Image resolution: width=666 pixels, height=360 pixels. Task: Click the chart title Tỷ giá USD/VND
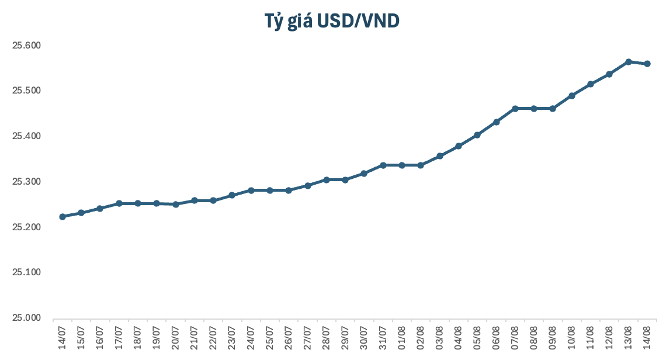(x=332, y=21)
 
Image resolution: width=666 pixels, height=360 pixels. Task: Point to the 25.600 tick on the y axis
(x=26, y=45)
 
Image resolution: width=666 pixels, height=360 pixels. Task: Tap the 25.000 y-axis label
(x=26, y=317)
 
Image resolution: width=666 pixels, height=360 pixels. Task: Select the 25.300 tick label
(x=26, y=182)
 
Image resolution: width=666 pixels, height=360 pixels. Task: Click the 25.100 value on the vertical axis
(x=26, y=272)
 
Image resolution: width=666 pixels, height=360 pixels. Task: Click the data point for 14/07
(x=63, y=217)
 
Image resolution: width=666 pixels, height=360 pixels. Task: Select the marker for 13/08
(x=629, y=61)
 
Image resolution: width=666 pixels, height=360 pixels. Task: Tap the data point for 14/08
(x=647, y=64)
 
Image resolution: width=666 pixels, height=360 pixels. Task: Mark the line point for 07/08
(x=515, y=108)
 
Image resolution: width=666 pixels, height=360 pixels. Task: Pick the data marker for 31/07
(x=383, y=165)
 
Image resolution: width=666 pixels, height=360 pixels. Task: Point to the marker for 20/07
(x=176, y=204)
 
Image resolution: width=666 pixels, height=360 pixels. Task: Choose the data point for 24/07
(x=251, y=190)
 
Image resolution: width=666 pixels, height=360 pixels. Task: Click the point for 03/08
(x=440, y=156)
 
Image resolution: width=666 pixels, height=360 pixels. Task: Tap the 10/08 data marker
(x=572, y=96)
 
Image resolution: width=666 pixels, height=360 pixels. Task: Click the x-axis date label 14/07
(x=63, y=338)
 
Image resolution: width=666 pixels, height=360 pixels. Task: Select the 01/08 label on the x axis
(x=402, y=338)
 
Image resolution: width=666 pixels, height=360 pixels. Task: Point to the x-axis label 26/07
(x=289, y=338)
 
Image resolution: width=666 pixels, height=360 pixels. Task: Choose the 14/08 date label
(x=647, y=338)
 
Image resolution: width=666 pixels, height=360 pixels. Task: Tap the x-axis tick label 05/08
(x=477, y=338)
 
